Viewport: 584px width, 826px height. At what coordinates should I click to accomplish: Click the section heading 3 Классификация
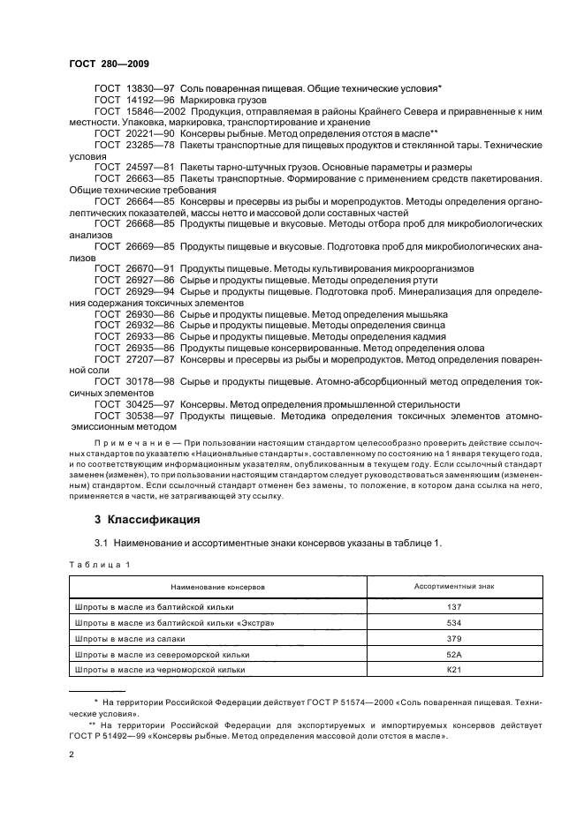point(135,519)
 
